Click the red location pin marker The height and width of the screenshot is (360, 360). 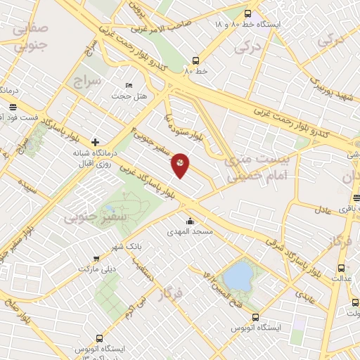coord(180,165)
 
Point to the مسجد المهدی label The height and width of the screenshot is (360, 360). coord(190,231)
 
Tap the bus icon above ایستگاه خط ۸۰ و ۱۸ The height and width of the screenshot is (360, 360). coord(247,13)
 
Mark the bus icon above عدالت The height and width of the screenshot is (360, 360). coord(342,268)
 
